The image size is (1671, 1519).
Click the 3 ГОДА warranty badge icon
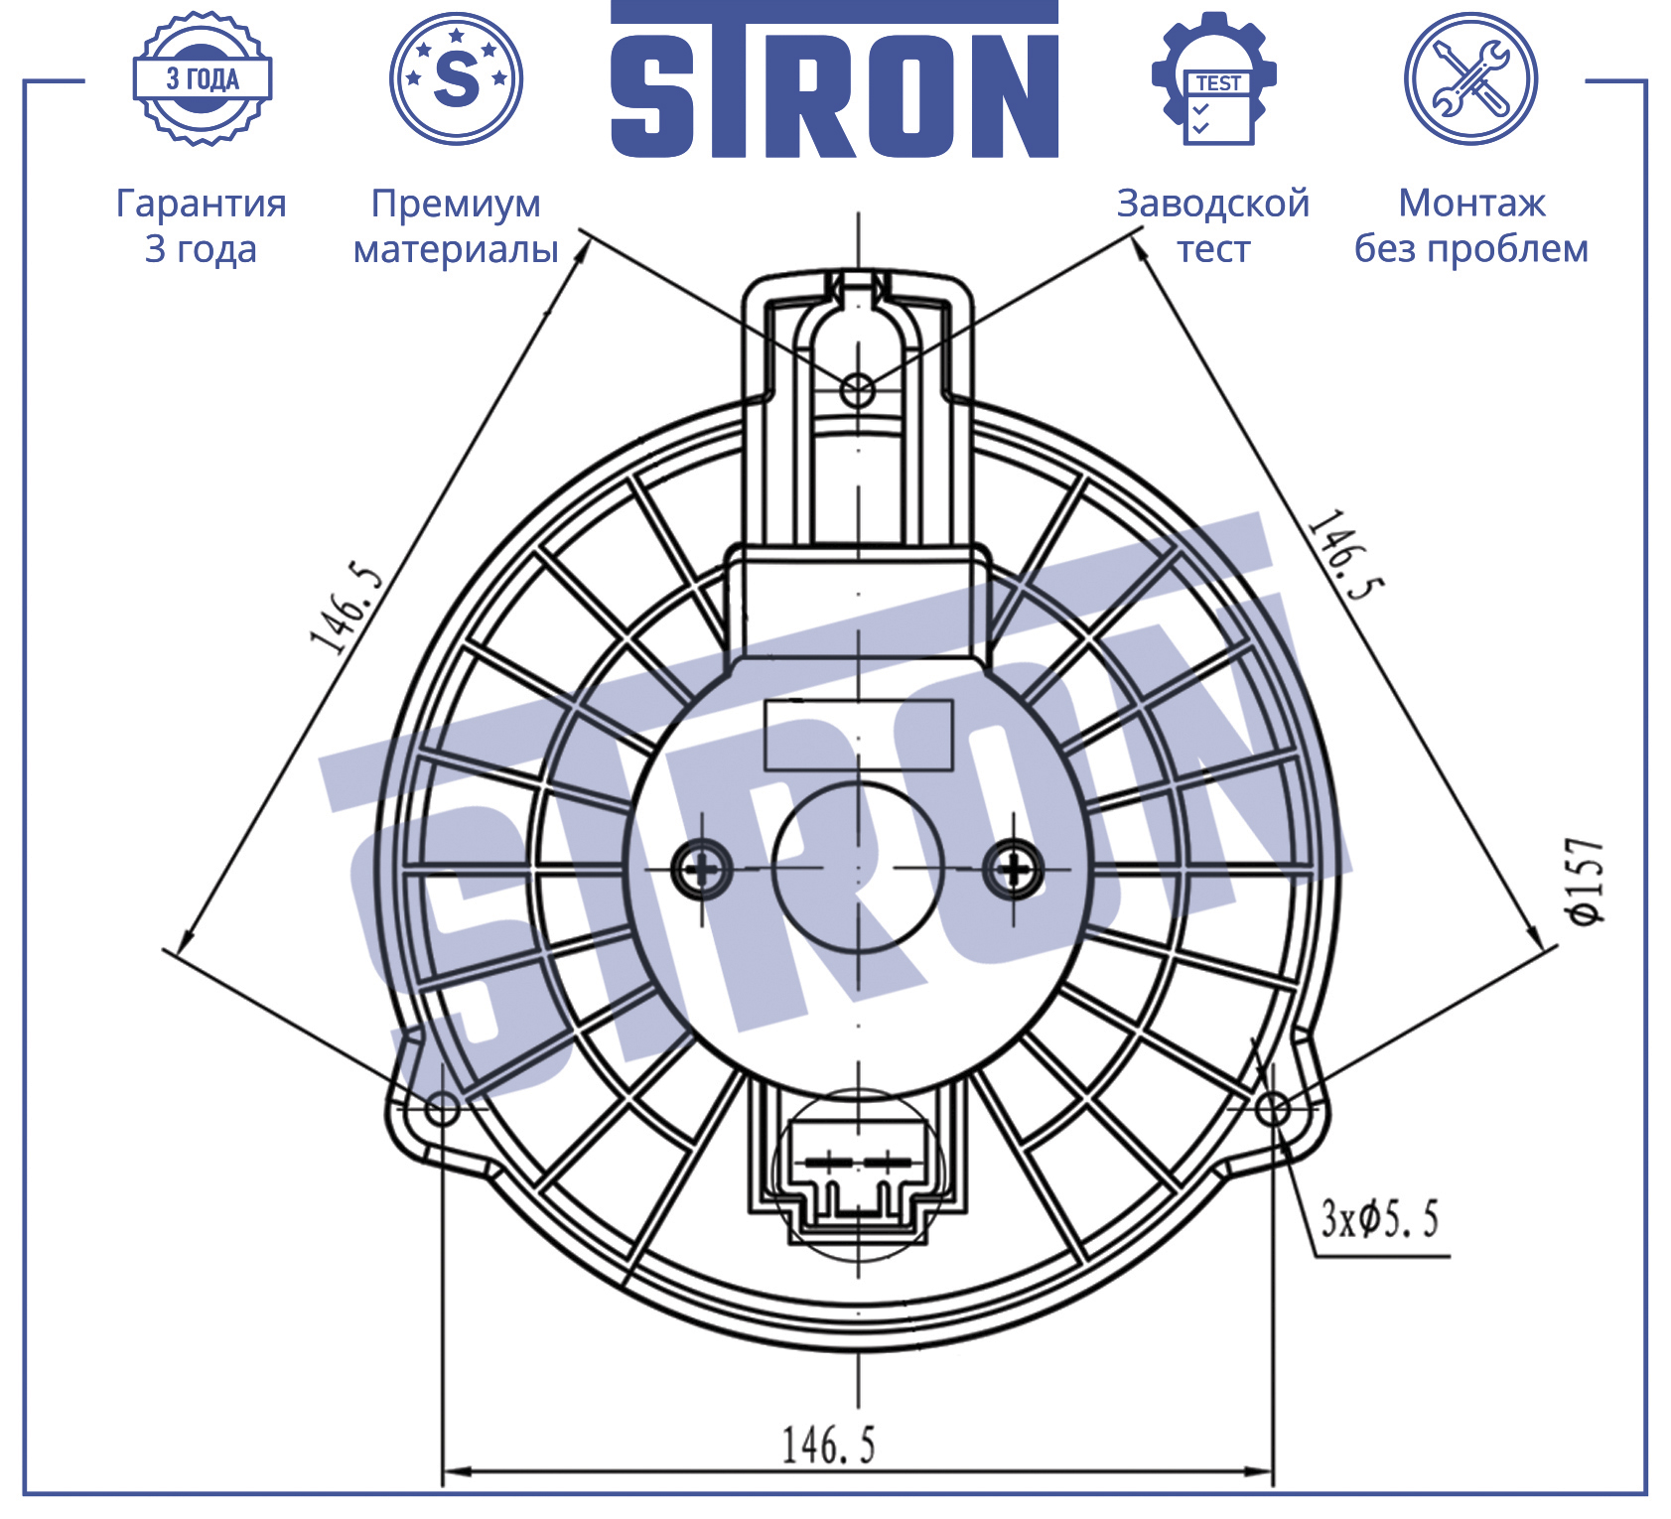tap(203, 79)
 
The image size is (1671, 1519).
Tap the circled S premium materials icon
tap(456, 79)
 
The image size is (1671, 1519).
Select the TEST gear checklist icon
tap(1214, 79)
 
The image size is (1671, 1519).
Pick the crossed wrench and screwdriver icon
tap(1470, 79)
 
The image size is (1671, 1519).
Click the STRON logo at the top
tap(834, 79)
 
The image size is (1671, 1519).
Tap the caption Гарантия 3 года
tap(202, 225)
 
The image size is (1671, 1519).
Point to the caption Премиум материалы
tap(456, 225)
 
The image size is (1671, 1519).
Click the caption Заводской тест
tap(1213, 225)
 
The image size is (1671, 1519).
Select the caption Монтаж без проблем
tap(1471, 225)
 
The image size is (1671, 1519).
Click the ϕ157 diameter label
tap(1586, 881)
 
